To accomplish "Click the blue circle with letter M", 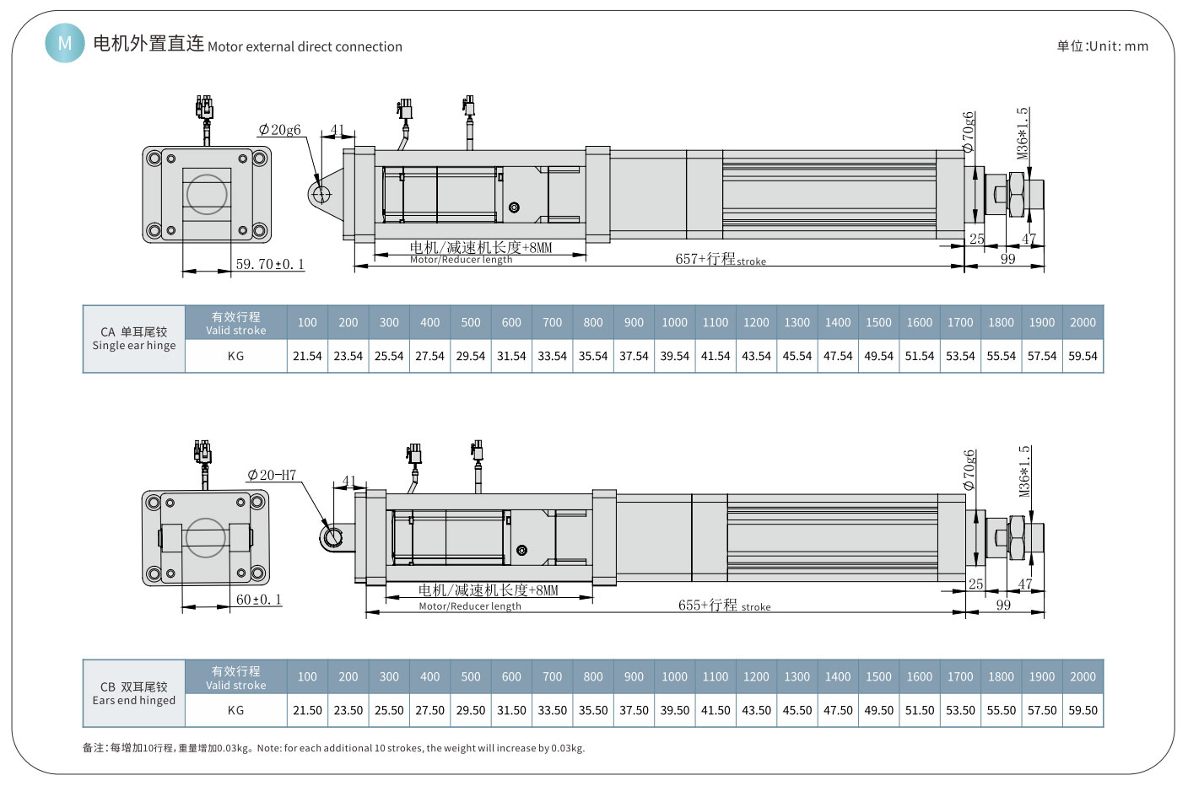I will click(x=65, y=42).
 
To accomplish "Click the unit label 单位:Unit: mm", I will click(x=1102, y=46).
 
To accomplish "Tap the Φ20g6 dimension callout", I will click(x=279, y=130).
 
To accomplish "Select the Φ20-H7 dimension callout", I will click(x=272, y=475).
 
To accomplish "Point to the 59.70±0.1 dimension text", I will click(x=269, y=264).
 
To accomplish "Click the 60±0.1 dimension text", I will click(x=258, y=600).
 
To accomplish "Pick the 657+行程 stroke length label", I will click(x=720, y=260).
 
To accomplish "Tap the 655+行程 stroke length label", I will click(x=724, y=606).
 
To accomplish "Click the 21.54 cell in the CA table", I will click(x=307, y=356).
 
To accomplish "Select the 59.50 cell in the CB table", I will click(x=1083, y=710).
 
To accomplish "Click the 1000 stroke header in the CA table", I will click(x=674, y=322).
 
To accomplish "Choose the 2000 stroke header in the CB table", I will click(x=1083, y=676).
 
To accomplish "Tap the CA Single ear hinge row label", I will click(x=134, y=338).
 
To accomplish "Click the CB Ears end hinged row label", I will click(x=134, y=693).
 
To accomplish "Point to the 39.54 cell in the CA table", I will click(x=674, y=356).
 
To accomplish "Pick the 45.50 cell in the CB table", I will click(x=796, y=710).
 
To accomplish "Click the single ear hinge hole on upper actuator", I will click(x=321, y=194).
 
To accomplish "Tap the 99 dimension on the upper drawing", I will click(x=1007, y=259).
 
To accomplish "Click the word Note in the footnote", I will click(x=268, y=748).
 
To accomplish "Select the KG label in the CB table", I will click(x=235, y=710).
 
